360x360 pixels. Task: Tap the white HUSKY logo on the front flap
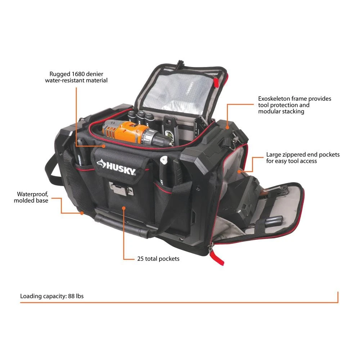(116, 167)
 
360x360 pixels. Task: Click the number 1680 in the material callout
(78, 74)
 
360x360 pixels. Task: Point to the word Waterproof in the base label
(33, 194)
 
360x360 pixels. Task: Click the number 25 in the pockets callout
(140, 259)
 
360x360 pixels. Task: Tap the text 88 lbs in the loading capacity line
(76, 296)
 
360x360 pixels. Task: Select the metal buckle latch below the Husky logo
(121, 189)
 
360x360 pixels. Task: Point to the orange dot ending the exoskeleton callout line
(227, 127)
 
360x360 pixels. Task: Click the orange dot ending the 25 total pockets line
(124, 208)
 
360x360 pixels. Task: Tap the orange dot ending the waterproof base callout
(82, 213)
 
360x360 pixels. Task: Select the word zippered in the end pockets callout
(294, 155)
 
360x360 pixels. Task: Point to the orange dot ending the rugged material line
(104, 146)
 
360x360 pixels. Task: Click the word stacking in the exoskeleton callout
(293, 112)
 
